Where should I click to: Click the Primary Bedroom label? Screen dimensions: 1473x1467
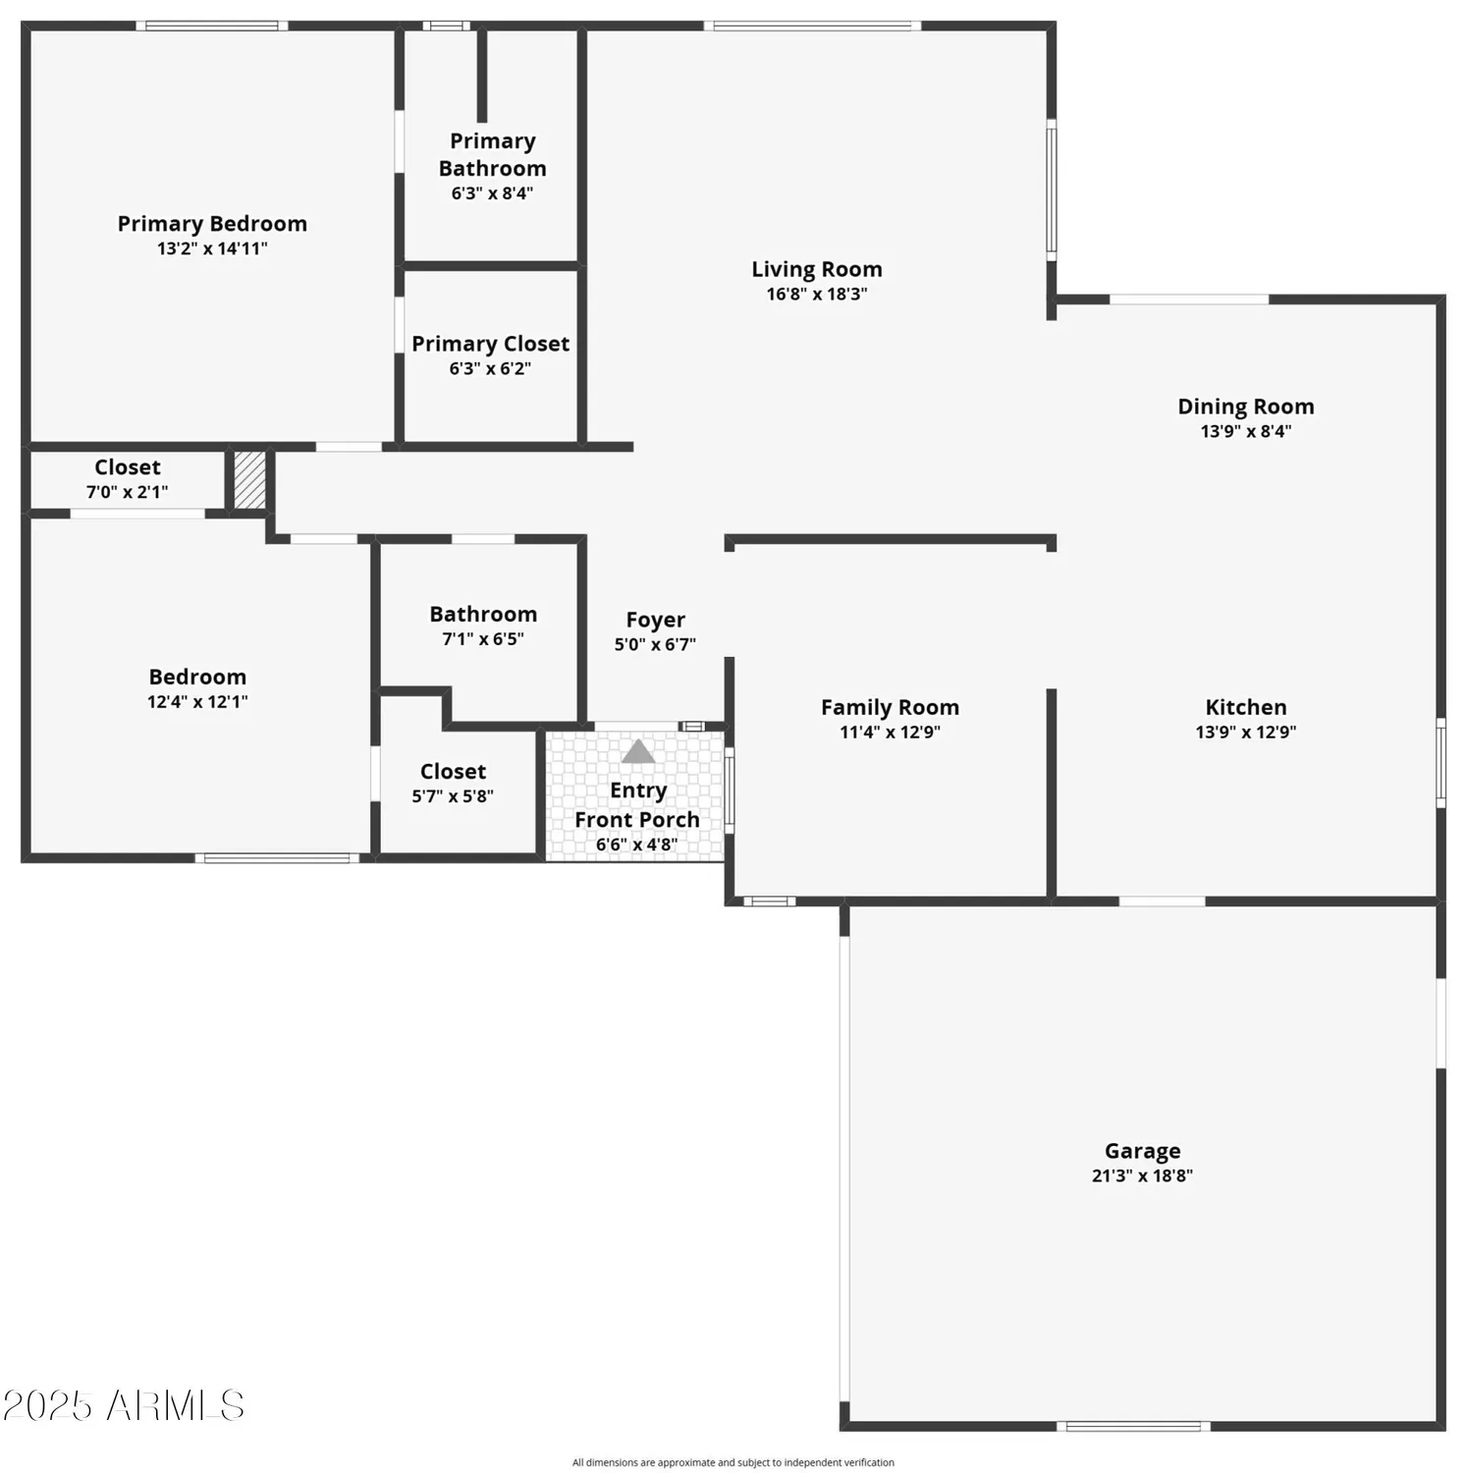point(212,224)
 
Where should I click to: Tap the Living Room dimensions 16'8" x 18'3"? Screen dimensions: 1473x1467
point(816,294)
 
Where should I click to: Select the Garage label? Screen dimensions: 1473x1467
point(1142,1151)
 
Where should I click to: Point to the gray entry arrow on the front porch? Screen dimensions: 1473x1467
point(638,752)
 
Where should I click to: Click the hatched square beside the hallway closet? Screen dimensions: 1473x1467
point(249,480)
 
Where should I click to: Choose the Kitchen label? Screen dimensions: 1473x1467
point(1245,707)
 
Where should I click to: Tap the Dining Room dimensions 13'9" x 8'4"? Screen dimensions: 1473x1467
point(1245,431)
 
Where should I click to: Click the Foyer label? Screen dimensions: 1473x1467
point(655,620)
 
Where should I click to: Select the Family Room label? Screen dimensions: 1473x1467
point(890,707)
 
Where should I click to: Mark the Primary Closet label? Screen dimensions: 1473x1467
point(490,344)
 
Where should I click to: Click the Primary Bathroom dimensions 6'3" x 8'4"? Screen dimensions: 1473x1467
point(492,193)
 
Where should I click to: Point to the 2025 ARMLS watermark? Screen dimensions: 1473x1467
point(123,1405)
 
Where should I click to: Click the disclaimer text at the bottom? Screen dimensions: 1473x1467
point(733,1462)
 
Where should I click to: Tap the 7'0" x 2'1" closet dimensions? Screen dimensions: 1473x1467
point(127,492)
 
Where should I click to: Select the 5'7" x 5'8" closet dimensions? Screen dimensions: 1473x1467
point(453,796)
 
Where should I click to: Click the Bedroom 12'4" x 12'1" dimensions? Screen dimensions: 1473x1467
point(197,701)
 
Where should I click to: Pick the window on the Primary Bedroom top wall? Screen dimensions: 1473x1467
point(211,26)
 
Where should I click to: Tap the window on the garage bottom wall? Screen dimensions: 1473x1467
point(1133,1426)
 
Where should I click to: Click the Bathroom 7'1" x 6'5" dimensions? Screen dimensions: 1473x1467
point(483,639)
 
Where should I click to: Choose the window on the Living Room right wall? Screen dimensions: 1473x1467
point(1051,190)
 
